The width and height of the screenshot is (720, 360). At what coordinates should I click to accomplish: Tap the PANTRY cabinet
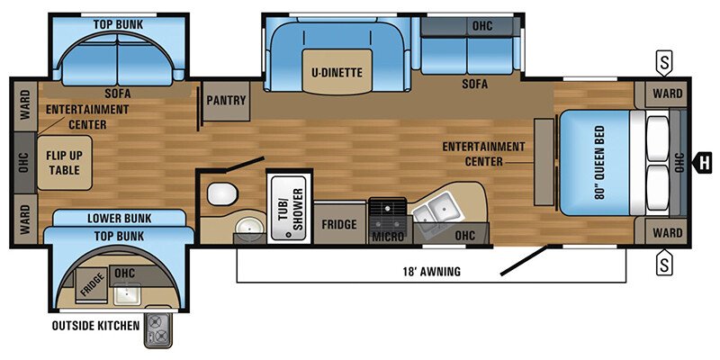click(226, 100)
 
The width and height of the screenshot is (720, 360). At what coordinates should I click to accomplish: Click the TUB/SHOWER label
click(285, 205)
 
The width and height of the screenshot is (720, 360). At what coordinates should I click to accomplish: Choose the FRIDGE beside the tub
click(339, 224)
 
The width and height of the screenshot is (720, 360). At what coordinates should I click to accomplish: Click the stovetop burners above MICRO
click(389, 212)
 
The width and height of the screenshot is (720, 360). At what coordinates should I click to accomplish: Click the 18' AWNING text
click(430, 271)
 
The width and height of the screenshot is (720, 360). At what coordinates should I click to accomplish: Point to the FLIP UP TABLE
click(64, 162)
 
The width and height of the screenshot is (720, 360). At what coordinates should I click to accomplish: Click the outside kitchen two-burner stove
click(158, 330)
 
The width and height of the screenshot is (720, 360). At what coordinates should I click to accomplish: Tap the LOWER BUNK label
click(119, 218)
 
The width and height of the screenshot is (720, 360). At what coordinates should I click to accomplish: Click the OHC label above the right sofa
click(482, 25)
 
